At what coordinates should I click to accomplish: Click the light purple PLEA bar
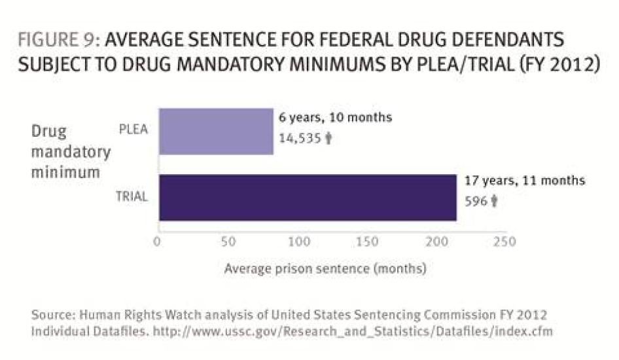click(x=215, y=131)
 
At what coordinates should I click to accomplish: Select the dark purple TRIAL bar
click(x=307, y=198)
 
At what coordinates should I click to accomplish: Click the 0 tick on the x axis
click(x=157, y=242)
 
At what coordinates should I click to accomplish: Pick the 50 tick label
click(x=228, y=242)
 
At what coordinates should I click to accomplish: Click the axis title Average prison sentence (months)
click(x=325, y=268)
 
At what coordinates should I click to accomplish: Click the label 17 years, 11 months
click(x=525, y=181)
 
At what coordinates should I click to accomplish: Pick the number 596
click(x=476, y=202)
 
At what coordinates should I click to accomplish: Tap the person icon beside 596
click(x=495, y=202)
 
